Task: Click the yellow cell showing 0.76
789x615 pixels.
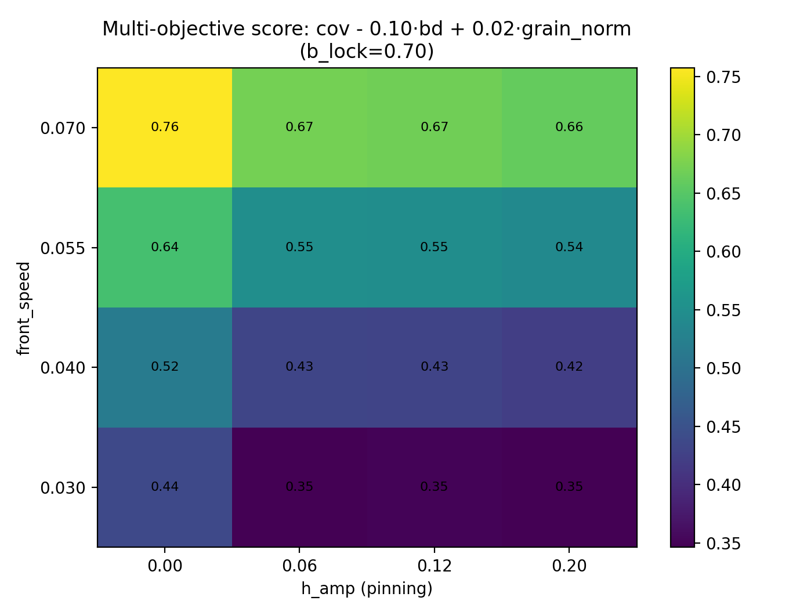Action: tap(165, 127)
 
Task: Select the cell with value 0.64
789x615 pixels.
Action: tap(165, 247)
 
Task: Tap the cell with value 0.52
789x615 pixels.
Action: tap(165, 367)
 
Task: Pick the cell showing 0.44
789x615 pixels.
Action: tap(165, 487)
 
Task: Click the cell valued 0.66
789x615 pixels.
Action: tap(569, 127)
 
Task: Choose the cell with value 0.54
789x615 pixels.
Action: tap(569, 247)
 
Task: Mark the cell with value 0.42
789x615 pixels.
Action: tap(569, 367)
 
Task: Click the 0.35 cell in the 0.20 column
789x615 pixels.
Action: tap(569, 487)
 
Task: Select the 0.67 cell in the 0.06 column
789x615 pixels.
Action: tap(299, 127)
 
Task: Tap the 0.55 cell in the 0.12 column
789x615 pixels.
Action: tap(435, 247)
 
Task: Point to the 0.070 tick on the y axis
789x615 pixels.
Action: tap(62, 128)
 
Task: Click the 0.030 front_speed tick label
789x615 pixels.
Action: tap(62, 487)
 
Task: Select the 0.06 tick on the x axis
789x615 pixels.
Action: tap(299, 566)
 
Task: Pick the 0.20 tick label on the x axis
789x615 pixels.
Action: tap(569, 566)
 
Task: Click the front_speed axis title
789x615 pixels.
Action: tap(23, 307)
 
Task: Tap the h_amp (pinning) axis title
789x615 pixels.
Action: tap(367, 589)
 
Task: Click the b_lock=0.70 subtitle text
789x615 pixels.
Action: tap(367, 52)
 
